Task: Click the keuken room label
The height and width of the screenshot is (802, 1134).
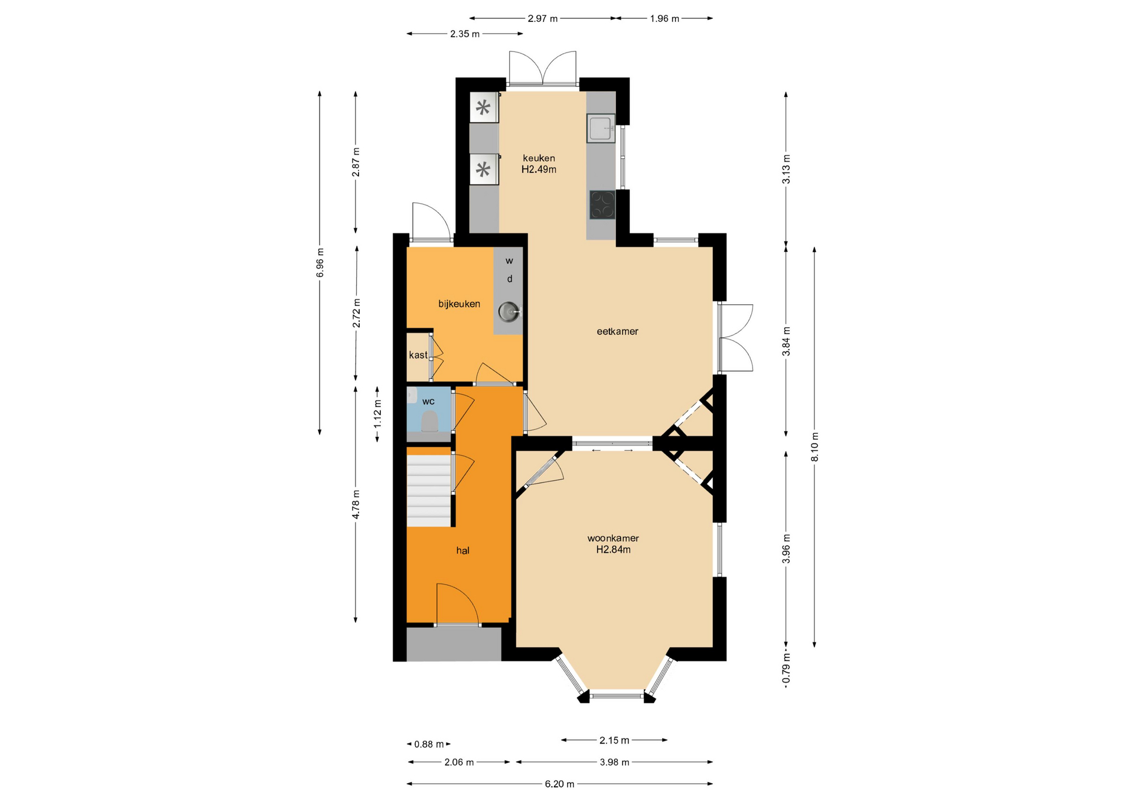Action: pos(539,158)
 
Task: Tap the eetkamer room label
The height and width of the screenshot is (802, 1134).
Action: pos(617,331)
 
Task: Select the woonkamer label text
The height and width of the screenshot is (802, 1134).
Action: pos(613,538)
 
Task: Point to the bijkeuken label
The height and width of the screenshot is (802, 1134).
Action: pos(459,304)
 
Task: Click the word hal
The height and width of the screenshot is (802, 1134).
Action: pos(462,550)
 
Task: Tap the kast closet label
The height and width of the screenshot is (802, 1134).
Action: pos(418,355)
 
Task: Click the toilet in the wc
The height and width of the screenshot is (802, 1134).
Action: pos(429,420)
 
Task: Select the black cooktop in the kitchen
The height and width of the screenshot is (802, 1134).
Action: pos(602,205)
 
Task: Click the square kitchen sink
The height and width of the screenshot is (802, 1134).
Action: pos(601,128)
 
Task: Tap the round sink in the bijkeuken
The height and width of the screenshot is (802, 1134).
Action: pos(508,311)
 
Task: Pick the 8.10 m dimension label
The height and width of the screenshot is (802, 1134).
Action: pos(814,447)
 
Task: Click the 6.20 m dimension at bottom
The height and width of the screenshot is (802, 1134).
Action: pos(559,784)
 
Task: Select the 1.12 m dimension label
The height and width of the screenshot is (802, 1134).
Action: pos(377,414)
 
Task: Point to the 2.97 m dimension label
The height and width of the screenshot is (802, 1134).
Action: pos(543,19)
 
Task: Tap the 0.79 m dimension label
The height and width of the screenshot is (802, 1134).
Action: pos(786,670)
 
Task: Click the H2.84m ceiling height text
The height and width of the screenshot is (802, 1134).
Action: pos(613,550)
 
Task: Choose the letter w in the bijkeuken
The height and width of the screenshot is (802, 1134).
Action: pos(509,260)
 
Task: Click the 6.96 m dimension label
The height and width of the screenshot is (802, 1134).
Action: pos(320,263)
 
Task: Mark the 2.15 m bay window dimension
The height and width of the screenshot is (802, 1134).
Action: pos(614,740)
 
